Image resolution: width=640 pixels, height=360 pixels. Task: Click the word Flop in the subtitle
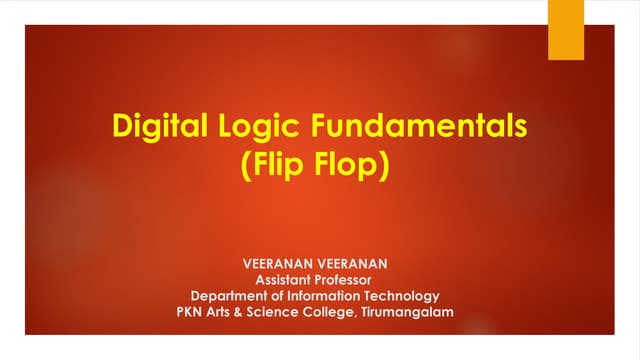(x=351, y=165)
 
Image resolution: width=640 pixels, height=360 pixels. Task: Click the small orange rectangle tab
(x=566, y=29)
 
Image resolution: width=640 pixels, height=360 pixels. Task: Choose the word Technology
(x=410, y=295)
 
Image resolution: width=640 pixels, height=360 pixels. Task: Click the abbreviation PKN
(x=192, y=311)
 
